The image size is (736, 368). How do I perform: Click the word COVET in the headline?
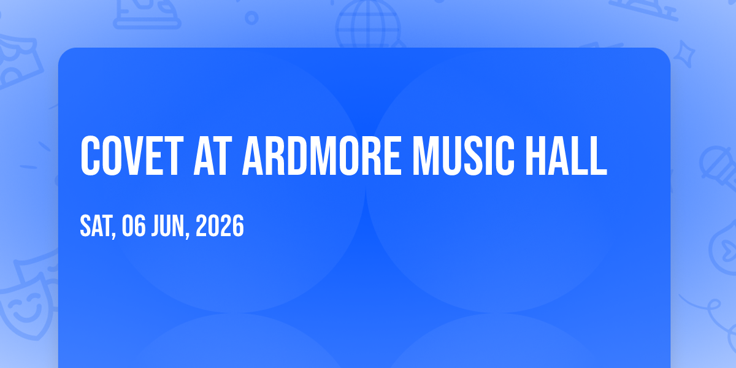pos(132,156)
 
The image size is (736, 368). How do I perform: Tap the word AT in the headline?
pos(213,156)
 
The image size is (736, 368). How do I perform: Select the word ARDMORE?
pos(321,156)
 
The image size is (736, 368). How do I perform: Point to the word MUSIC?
pos(463,156)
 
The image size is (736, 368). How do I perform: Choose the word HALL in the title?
pos(566,156)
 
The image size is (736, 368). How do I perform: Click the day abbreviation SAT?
pos(96,226)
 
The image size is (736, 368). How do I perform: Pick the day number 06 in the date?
pos(134,226)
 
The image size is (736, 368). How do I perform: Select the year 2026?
pos(220,226)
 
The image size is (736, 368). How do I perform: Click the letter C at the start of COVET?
pos(90,156)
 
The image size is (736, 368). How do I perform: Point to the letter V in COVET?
pos(132,156)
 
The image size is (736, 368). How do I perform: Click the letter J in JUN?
pos(155,226)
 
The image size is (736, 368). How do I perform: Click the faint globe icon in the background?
pos(368,25)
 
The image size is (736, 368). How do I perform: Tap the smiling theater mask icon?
pos(26,302)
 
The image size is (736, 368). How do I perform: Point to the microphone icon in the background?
pos(718,167)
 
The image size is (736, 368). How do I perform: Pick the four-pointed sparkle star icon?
pos(684,54)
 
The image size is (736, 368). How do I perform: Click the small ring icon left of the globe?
pos(251,18)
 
